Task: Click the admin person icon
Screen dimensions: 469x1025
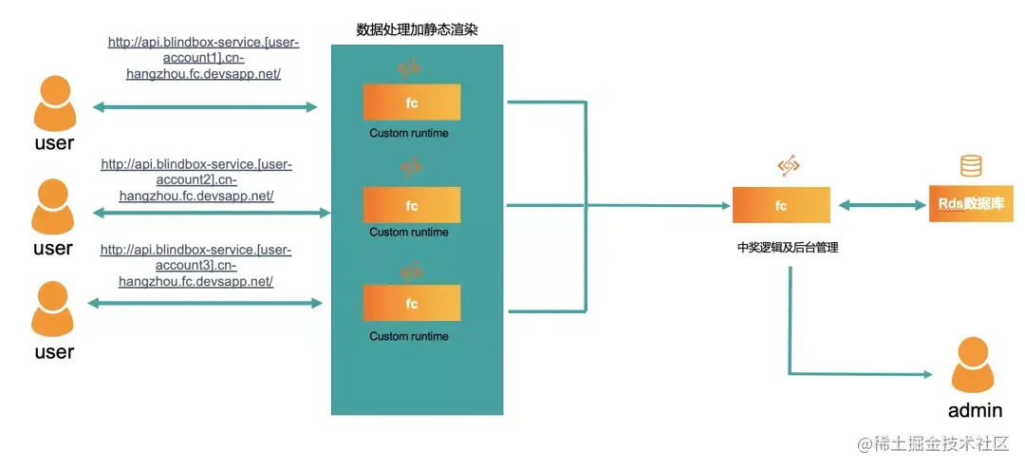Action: click(x=975, y=366)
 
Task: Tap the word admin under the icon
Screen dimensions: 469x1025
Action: click(x=975, y=411)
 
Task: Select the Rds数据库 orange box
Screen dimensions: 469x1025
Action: click(x=970, y=204)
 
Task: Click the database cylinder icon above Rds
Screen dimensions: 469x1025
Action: click(x=970, y=167)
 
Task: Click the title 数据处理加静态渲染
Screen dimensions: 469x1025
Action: click(x=417, y=29)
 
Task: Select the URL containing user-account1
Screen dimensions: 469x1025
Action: click(x=202, y=58)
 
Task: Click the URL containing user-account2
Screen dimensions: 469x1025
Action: click(x=196, y=180)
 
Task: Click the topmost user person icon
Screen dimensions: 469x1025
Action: click(x=55, y=103)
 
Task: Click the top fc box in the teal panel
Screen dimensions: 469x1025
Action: click(x=412, y=103)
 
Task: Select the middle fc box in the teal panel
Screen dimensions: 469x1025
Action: click(x=412, y=205)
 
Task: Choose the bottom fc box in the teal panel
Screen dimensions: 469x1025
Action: click(x=412, y=303)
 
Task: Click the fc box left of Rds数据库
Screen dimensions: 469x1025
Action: click(x=781, y=205)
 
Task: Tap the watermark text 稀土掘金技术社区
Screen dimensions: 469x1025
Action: click(x=941, y=443)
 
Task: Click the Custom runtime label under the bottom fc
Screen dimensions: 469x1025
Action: click(x=409, y=336)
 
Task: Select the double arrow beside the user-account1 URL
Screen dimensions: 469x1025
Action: click(x=205, y=107)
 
